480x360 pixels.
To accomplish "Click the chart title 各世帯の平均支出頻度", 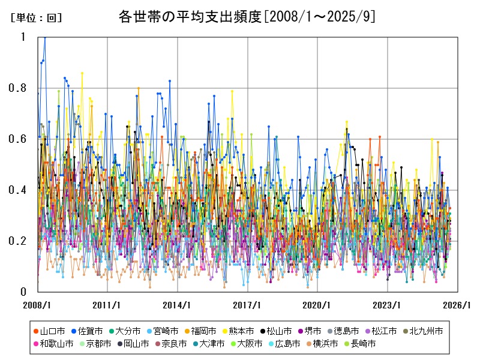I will point(247,17).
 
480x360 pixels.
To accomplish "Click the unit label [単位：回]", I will point(36,18).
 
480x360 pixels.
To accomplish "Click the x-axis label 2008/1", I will point(38,305).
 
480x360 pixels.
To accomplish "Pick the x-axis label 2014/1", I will point(178,305).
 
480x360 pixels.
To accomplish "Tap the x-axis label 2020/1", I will point(317,305).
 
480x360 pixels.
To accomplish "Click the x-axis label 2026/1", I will point(457,305).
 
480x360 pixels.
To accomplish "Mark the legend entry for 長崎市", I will point(360,344).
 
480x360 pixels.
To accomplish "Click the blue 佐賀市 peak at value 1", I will point(44,37).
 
